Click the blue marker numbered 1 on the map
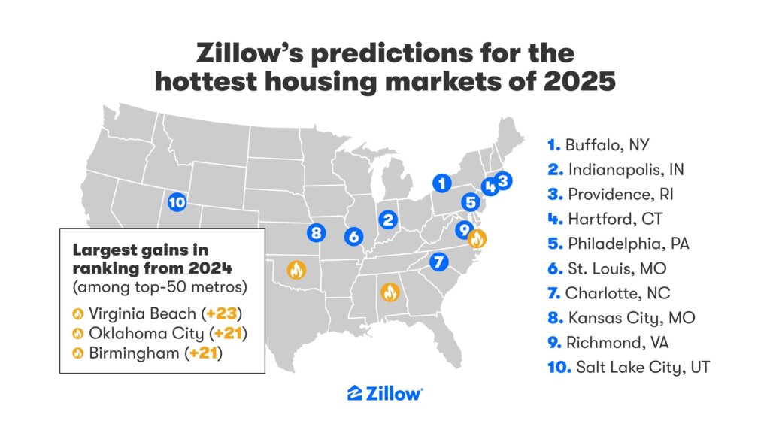[442, 183]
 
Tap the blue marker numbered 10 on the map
[177, 202]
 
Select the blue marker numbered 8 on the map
[316, 232]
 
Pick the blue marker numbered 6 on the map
[354, 236]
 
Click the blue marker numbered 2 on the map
[388, 220]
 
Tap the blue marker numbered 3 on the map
[503, 180]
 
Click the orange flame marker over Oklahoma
[296, 269]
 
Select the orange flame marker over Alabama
[390, 292]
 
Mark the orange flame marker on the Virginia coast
[477, 239]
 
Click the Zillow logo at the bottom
[385, 394]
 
